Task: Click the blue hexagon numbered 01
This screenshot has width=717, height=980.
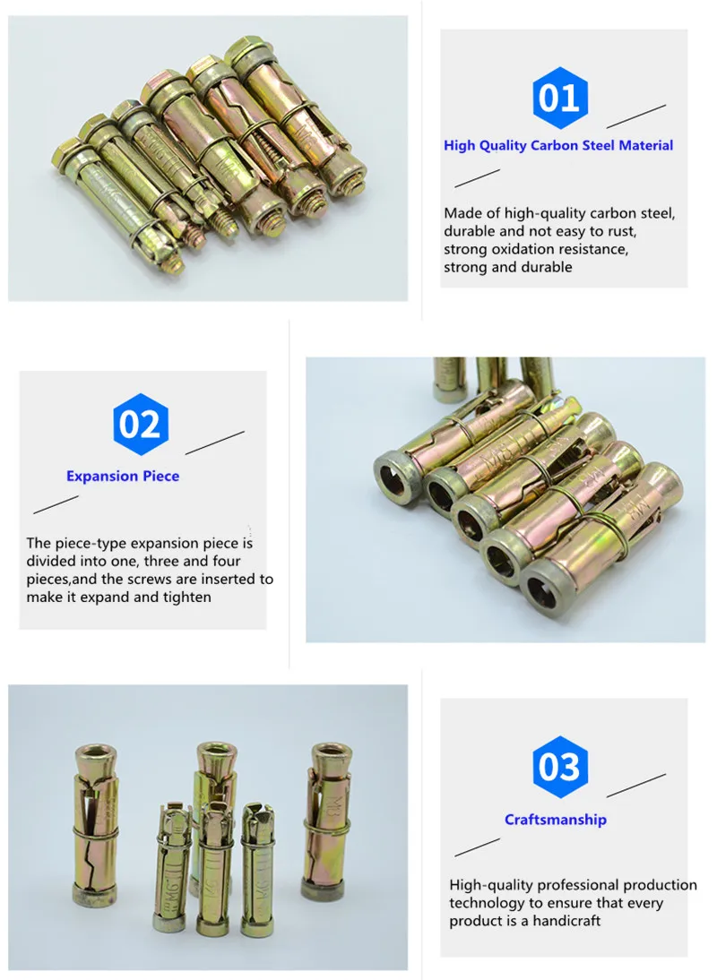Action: coord(560,98)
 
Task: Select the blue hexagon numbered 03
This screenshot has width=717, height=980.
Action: coord(560,768)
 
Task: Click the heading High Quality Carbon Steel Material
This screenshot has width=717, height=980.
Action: coord(558,145)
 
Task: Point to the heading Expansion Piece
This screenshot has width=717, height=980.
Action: coord(123,476)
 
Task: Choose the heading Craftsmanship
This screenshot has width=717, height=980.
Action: coord(556,819)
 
